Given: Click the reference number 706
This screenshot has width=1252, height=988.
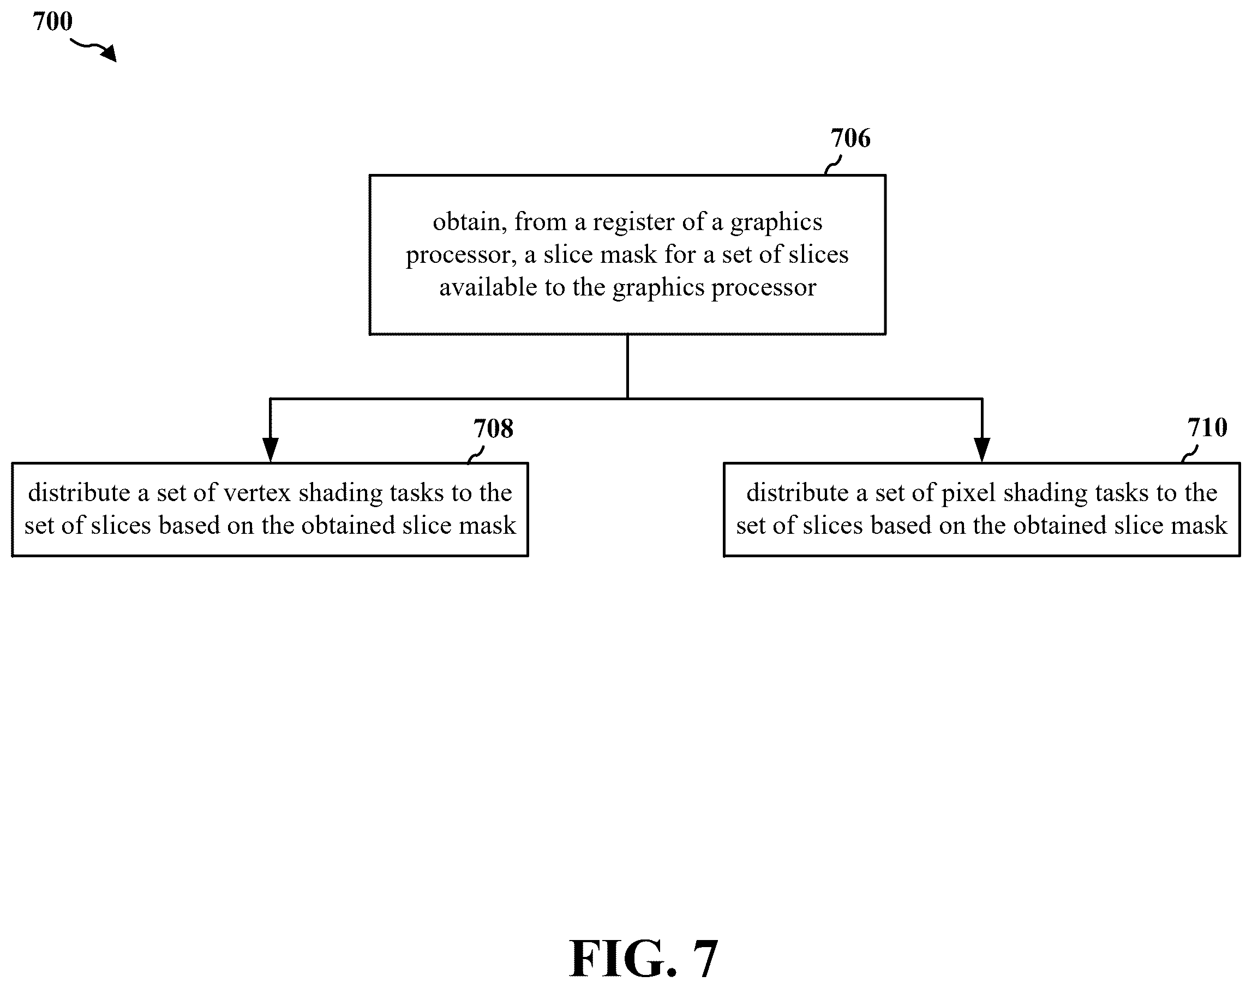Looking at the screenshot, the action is point(850,138).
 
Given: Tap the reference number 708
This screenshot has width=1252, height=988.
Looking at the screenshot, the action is point(493,429).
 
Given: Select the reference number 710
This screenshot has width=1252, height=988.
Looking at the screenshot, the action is point(1207,427).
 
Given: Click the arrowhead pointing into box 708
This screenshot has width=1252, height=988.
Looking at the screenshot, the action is point(270,450).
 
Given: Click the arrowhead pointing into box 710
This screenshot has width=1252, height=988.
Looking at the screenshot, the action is point(982,450).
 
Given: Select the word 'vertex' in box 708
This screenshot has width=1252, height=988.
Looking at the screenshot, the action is point(257,493).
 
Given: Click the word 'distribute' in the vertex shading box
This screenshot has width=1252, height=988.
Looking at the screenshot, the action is point(79,492).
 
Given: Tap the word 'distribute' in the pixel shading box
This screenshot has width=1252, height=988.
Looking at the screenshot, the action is point(798,492).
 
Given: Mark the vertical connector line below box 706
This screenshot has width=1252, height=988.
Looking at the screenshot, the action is point(627,366).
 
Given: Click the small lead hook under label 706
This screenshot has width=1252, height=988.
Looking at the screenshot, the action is point(832,165).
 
